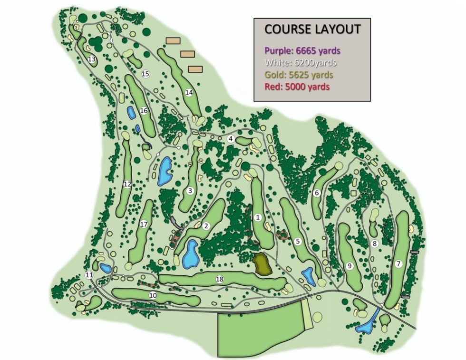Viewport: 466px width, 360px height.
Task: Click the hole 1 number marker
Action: point(258,218)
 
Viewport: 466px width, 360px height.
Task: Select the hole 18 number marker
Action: point(219,279)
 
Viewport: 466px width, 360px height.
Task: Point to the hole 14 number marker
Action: point(189,93)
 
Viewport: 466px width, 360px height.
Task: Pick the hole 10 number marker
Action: point(153,295)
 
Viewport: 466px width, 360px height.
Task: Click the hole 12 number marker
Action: point(127,185)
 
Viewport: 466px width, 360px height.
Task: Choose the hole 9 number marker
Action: point(349,266)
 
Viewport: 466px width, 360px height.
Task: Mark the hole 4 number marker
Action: point(231,139)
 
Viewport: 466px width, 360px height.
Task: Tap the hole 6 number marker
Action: point(316,193)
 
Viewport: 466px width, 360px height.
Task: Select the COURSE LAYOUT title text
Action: point(312,29)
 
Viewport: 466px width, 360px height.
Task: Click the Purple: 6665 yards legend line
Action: point(303,50)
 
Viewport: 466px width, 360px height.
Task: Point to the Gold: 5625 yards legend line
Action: point(299,75)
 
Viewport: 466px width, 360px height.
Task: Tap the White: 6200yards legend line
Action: point(301,63)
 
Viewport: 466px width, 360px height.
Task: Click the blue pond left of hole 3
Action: point(165,171)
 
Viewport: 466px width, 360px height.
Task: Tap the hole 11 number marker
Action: point(89,275)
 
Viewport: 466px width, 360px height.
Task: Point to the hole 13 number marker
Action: point(91,59)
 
